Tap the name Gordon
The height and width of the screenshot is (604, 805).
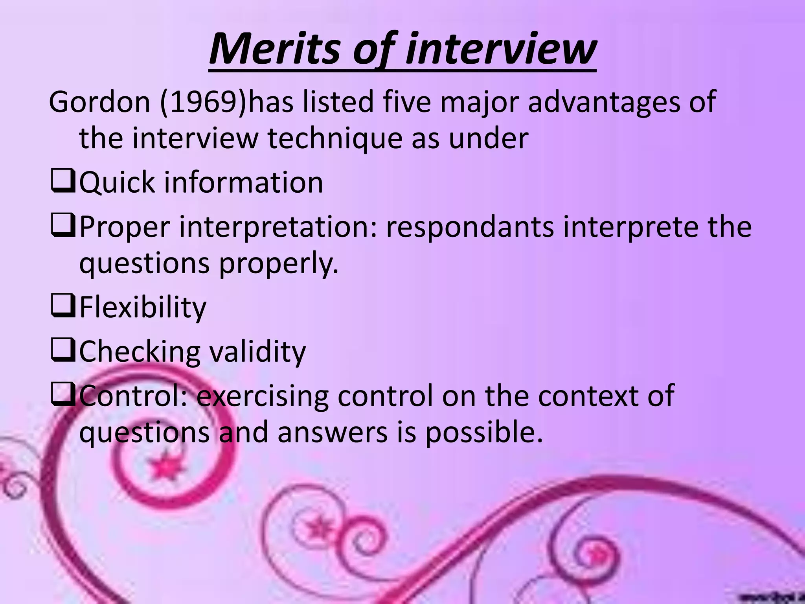99,102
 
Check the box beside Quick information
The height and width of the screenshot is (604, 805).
62,183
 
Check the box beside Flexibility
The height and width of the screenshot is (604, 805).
62,308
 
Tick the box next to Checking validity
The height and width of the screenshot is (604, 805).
62,352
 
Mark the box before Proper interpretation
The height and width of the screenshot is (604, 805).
62,227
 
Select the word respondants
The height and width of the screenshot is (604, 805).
469,228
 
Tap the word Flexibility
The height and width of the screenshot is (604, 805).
143,308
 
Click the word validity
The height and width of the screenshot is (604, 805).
257,352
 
